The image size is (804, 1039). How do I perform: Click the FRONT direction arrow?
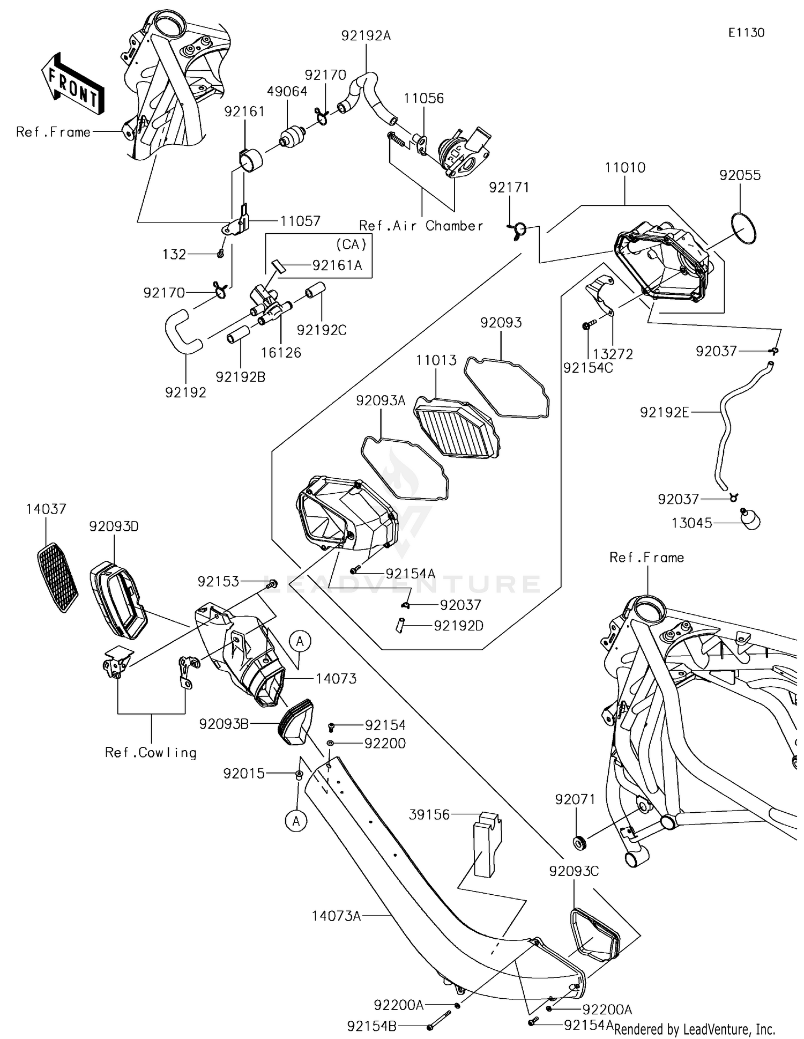pos(73,83)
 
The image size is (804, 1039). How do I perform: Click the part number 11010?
pos(625,168)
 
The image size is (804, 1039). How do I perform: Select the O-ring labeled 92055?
pos(744,228)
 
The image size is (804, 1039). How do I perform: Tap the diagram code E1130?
pos(746,33)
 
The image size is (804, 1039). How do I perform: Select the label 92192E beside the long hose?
pos(664,412)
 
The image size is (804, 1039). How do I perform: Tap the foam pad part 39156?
pos(487,845)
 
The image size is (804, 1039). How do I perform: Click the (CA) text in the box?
pos(351,244)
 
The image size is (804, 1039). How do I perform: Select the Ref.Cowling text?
pos(151,753)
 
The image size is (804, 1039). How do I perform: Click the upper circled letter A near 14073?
pos(300,641)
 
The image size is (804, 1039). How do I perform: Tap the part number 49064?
pos(287,92)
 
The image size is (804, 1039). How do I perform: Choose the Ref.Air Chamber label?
pos(421,226)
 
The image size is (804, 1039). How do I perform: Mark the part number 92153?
pos(218,582)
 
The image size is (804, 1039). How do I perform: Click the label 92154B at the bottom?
pos(372,1026)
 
